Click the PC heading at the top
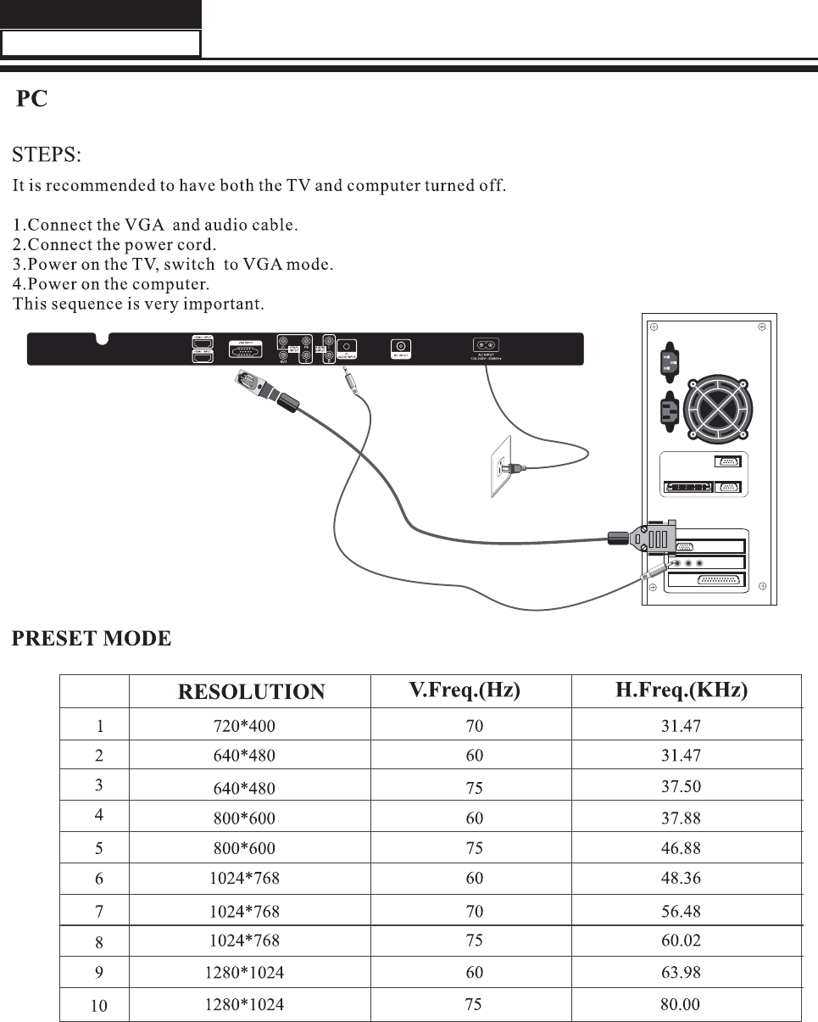click(32, 99)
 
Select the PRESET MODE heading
click(92, 639)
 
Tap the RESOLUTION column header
click(251, 692)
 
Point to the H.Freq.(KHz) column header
click(682, 690)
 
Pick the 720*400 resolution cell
click(244, 726)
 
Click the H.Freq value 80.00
click(681, 1005)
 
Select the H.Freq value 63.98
click(681, 972)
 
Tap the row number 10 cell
click(99, 1006)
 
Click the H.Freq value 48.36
click(681, 878)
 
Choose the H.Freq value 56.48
click(681, 912)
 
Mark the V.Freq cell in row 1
click(474, 726)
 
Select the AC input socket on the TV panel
click(486, 345)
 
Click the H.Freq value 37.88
click(681, 818)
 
